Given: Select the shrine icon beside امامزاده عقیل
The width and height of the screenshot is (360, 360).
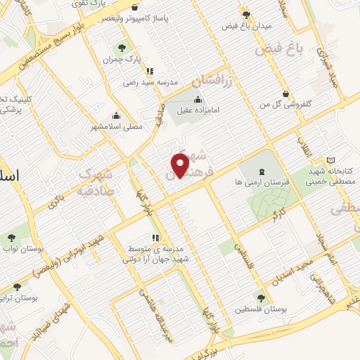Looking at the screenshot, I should pyautogui.click(x=198, y=98).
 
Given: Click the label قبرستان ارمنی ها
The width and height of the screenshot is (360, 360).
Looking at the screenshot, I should pyautogui.click(x=259, y=183).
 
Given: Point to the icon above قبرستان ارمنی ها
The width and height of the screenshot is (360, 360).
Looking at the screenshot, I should pyautogui.click(x=260, y=172).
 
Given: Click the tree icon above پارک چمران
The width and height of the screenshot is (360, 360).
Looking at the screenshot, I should pyautogui.click(x=122, y=49).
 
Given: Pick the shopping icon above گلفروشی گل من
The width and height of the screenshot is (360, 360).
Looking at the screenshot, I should pyautogui.click(x=285, y=94).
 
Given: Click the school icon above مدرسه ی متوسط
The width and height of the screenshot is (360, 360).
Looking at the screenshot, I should pyautogui.click(x=154, y=238).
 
